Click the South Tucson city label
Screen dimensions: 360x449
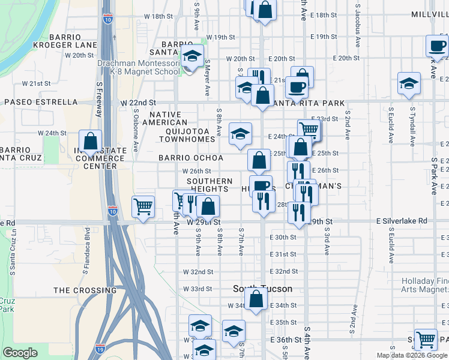click(x=263, y=289)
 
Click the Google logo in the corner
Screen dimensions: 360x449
click(x=20, y=353)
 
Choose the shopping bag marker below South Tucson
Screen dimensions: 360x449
click(x=256, y=298)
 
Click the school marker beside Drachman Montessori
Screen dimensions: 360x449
click(x=192, y=57)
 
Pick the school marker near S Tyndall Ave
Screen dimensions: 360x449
click(x=409, y=83)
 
